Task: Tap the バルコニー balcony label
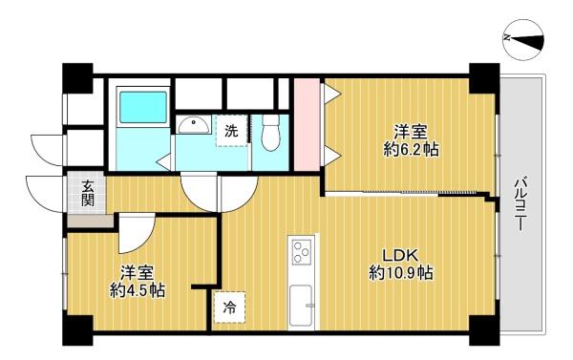[x=521, y=203]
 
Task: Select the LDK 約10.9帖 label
[x=400, y=264]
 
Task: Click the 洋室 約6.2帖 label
[x=411, y=140]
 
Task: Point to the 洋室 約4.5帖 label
[x=138, y=281]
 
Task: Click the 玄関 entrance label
[x=88, y=193]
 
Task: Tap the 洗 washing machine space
[x=231, y=131]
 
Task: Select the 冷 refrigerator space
[x=229, y=307]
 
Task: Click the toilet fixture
[x=271, y=133]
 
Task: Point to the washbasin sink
[x=194, y=125]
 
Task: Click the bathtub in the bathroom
[x=143, y=107]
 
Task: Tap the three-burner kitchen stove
[x=302, y=252]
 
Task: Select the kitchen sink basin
[x=301, y=306]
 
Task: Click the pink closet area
[x=307, y=124]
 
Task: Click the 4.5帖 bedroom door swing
[x=137, y=234]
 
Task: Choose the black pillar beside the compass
[x=484, y=78]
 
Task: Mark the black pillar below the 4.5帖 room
[x=78, y=330]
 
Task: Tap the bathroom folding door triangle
[x=164, y=162]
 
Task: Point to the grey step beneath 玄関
[x=91, y=221]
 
